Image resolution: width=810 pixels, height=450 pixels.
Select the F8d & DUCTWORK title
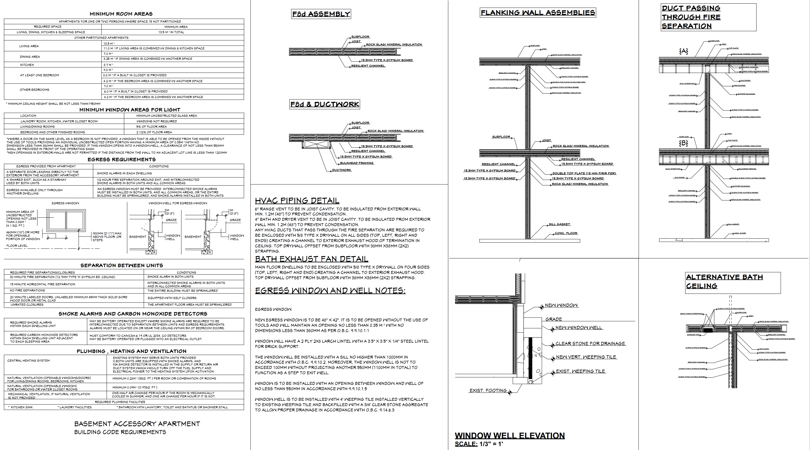[325, 104]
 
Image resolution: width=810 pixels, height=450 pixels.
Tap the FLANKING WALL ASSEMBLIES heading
[538, 13]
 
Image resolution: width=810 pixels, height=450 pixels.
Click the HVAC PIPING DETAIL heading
[297, 200]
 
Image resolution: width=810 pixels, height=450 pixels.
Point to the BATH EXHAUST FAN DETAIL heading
[311, 259]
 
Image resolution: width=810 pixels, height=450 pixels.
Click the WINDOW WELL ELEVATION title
[510, 435]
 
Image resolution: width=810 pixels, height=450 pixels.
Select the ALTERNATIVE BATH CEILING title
[724, 281]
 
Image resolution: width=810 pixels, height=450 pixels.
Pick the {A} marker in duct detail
[683, 51]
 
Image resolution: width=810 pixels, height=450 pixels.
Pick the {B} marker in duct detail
[683, 143]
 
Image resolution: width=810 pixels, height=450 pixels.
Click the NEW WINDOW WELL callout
[578, 328]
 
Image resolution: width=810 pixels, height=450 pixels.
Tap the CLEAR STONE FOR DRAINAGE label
[590, 344]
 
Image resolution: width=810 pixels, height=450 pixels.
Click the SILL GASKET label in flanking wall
[559, 224]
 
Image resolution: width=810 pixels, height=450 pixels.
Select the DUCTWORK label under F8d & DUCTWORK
[341, 170]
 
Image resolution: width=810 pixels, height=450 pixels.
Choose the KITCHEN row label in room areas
[27, 65]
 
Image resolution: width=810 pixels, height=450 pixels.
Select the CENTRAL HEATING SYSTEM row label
[29, 361]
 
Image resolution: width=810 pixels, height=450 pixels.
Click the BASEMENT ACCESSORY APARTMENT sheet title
[137, 424]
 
